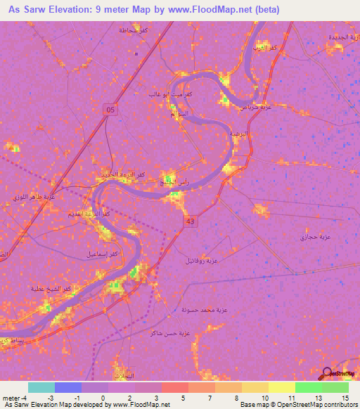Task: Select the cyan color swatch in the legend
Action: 41,387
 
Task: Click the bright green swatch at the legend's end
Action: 335,387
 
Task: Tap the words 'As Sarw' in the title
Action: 27,10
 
